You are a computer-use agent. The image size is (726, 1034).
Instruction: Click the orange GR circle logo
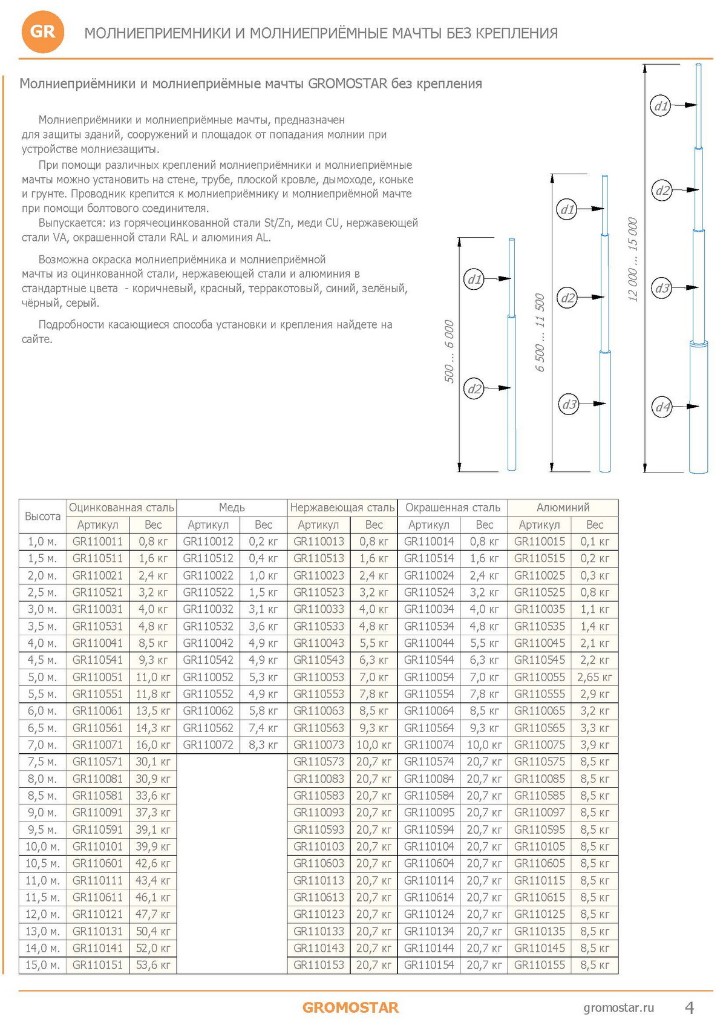[42, 31]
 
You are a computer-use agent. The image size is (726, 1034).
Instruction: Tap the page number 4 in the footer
[689, 1007]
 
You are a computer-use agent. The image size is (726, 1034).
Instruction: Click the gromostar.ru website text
[618, 1007]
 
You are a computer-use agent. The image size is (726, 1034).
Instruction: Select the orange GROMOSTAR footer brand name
[350, 1007]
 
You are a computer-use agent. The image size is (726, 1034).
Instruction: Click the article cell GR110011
[97, 542]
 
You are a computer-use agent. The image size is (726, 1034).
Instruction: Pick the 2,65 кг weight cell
[594, 677]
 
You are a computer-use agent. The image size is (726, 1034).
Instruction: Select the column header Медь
[232, 508]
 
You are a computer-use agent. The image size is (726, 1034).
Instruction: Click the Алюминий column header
[563, 508]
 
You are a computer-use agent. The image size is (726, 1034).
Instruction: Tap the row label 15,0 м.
[42, 965]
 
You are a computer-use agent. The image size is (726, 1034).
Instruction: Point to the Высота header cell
[42, 516]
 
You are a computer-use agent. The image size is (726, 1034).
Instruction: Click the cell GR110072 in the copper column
[208, 745]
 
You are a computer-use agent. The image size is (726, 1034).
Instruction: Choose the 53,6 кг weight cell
[153, 965]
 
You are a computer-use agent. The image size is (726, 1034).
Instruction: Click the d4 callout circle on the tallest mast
[663, 407]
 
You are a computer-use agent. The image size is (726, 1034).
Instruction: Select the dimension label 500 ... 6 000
[449, 352]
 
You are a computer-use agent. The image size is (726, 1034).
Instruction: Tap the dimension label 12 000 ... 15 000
[633, 260]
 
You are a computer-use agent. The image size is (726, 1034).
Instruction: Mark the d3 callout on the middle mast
[569, 404]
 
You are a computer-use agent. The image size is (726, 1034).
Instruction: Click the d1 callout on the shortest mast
[474, 279]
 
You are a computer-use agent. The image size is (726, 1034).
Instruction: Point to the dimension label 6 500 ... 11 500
[540, 332]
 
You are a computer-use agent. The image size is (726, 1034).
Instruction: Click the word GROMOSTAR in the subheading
[347, 83]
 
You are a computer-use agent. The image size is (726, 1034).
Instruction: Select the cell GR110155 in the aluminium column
[540, 965]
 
